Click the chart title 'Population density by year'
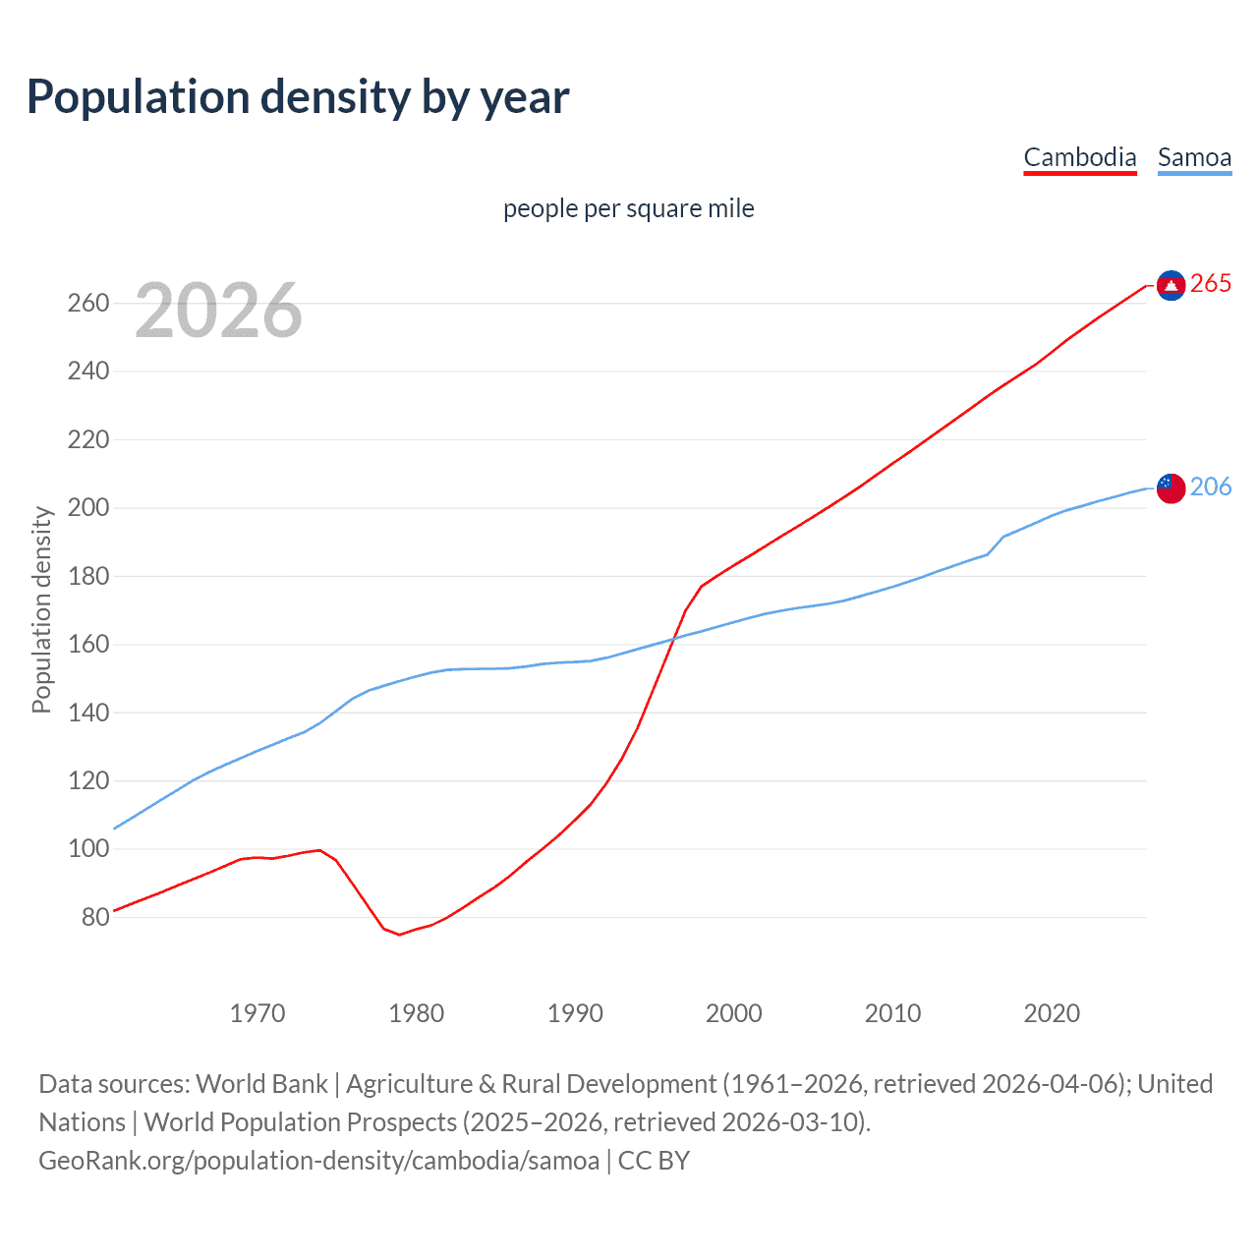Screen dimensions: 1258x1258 [298, 96]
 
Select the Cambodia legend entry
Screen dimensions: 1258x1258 [1079, 157]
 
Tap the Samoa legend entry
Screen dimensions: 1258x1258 [1194, 157]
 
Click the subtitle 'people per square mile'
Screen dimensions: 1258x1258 [628, 208]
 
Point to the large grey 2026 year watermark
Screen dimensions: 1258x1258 [218, 311]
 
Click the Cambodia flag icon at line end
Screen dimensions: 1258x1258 [1171, 285]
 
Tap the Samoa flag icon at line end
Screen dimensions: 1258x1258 [1171, 487]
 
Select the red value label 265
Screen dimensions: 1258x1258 [1210, 284]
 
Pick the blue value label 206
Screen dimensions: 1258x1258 [1210, 486]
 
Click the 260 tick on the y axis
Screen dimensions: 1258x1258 [87, 303]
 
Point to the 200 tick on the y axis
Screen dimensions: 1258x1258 [87, 508]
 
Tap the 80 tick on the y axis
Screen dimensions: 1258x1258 [94, 917]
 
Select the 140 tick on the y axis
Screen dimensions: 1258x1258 [87, 713]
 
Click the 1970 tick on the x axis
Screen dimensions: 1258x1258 [257, 1013]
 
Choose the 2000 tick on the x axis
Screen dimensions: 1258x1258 [733, 1013]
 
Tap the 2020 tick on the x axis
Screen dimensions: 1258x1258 [1051, 1013]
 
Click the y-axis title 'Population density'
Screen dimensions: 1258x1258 [41, 609]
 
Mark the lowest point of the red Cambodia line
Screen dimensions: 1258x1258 [399, 935]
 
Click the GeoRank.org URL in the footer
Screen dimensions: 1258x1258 [318, 1161]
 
